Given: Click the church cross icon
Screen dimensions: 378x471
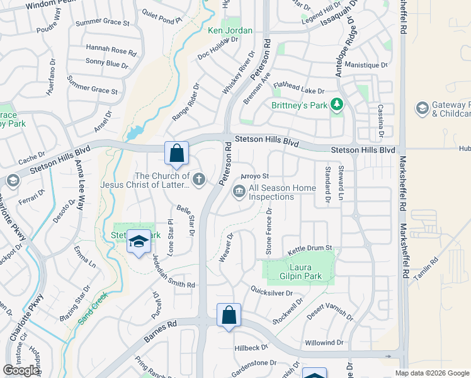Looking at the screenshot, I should [x=199, y=180].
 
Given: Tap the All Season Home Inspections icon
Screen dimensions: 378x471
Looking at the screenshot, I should [x=239, y=190].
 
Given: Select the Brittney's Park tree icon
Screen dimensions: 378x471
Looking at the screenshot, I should [x=336, y=105].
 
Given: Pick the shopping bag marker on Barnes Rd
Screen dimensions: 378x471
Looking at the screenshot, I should [x=229, y=315].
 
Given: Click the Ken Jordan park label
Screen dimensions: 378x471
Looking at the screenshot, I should [x=230, y=30].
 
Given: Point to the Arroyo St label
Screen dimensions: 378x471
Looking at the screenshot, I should [x=256, y=176].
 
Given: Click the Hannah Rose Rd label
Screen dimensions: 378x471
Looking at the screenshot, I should [x=111, y=51].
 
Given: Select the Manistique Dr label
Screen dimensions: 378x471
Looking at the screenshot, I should [x=366, y=65].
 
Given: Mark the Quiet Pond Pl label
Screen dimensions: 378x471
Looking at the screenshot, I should [x=162, y=19].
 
